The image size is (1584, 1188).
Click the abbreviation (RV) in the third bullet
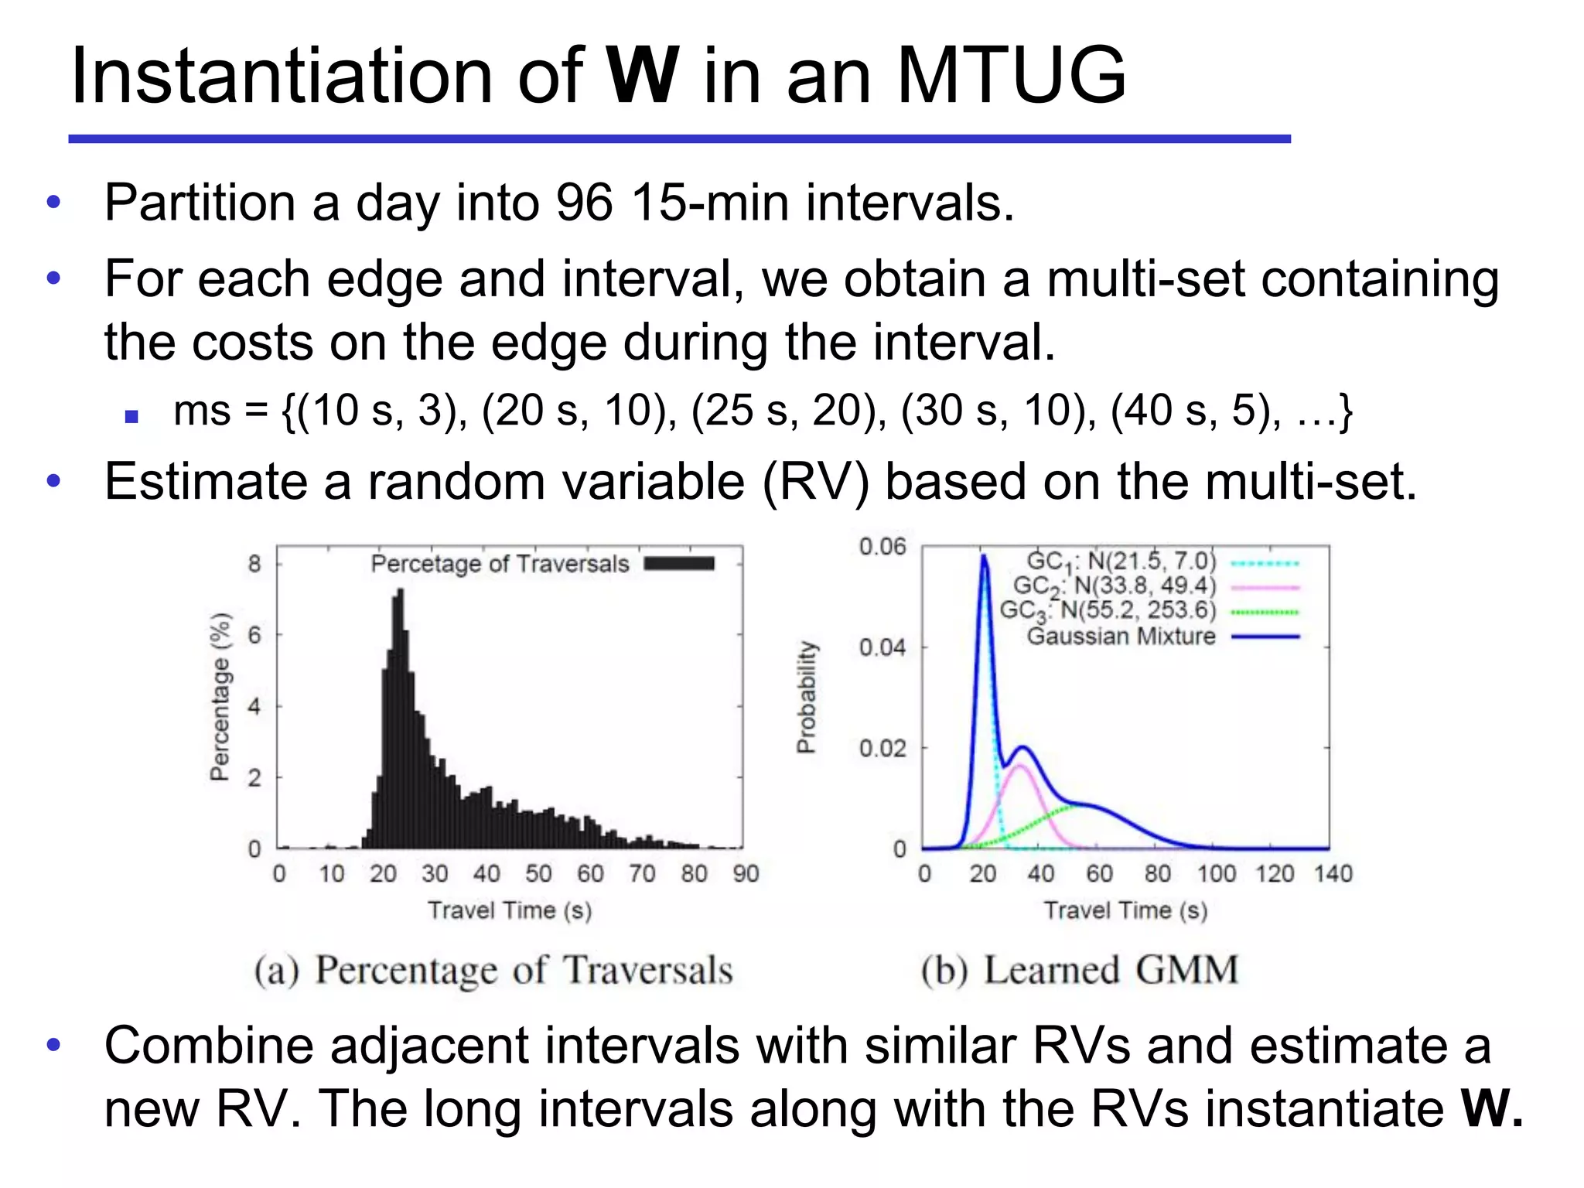816,482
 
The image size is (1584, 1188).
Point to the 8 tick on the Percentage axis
254,563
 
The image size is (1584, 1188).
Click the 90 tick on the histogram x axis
746,873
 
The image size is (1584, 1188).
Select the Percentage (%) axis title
220,696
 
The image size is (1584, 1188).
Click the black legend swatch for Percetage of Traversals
679,563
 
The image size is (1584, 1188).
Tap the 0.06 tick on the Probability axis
882,547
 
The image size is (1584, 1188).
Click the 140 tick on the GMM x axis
1333,873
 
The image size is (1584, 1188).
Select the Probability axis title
806,696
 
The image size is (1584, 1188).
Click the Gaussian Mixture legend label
1121,637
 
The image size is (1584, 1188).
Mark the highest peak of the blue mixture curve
983,555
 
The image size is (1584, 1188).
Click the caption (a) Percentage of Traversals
493,970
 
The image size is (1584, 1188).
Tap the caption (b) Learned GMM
1080,970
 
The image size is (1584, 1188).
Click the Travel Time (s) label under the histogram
510,910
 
